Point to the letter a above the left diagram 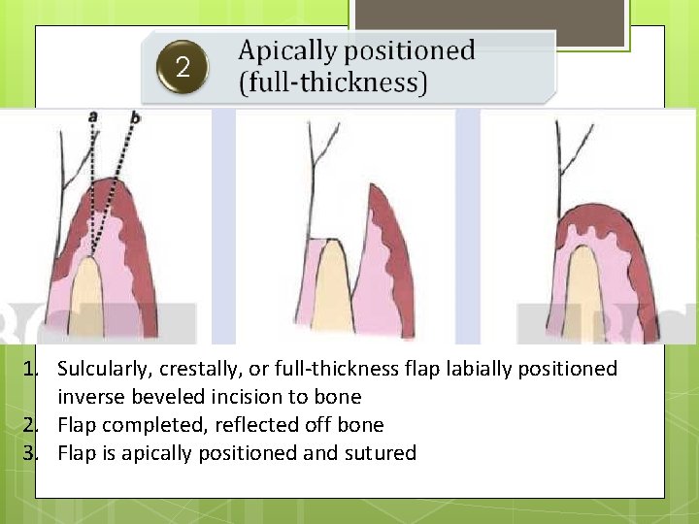pyautogui.click(x=92, y=115)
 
